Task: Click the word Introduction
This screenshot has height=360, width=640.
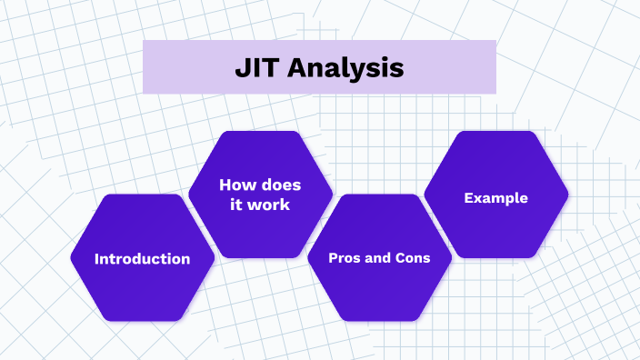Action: point(143,259)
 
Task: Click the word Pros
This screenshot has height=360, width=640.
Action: point(344,259)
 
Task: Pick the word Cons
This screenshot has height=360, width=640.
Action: point(413,259)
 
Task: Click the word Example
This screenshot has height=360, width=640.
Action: point(496,197)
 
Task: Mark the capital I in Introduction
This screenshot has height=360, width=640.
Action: point(97,259)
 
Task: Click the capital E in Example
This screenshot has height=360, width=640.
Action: point(468,197)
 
